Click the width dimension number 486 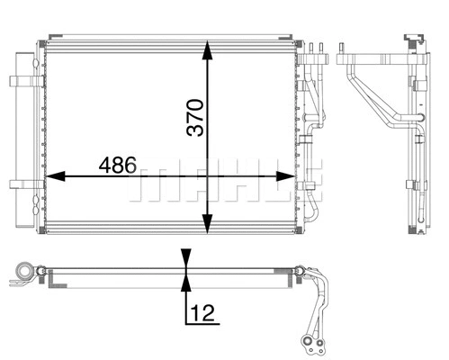point(117,166)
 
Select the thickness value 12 point(202,314)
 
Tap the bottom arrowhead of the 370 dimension point(208,226)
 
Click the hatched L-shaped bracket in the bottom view point(20,283)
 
